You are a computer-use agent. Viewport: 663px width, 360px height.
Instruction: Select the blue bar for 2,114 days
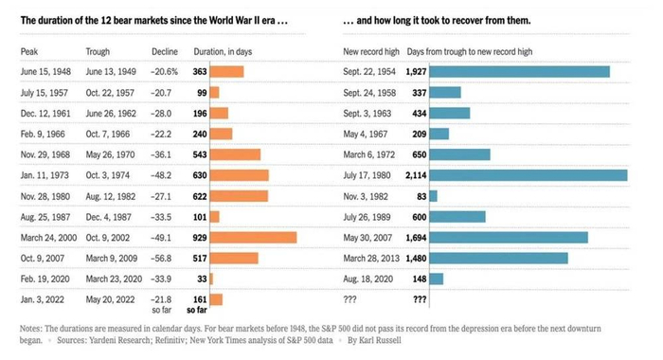pyautogui.click(x=528, y=175)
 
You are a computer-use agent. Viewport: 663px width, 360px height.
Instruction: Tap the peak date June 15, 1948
pyautogui.click(x=45, y=71)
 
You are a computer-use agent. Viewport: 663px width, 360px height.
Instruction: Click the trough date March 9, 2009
pyautogui.click(x=110, y=258)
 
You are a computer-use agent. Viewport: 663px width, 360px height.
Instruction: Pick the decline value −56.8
pyautogui.click(x=165, y=258)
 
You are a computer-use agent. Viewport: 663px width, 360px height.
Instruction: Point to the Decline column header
pyautogui.click(x=165, y=50)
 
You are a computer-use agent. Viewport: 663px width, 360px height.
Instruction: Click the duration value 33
pyautogui.click(x=201, y=279)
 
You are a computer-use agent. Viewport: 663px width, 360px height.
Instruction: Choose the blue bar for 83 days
pyautogui.click(x=433, y=196)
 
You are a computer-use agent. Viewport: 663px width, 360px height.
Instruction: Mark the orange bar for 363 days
pyautogui.click(x=226, y=71)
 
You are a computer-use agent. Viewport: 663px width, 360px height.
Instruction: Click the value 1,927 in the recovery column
pyautogui.click(x=414, y=71)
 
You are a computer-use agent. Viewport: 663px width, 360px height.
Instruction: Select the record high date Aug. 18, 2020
pyautogui.click(x=370, y=279)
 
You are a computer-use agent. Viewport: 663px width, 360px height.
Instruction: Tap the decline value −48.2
pyautogui.click(x=165, y=175)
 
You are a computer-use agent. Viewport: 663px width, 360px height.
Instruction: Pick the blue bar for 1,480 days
pyautogui.click(x=498, y=258)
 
